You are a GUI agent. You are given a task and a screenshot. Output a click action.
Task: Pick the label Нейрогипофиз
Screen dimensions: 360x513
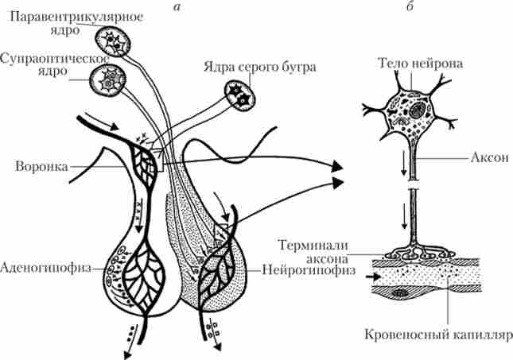tap(298, 269)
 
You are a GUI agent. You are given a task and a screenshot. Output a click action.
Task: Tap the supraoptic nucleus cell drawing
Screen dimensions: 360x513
tap(107, 77)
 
